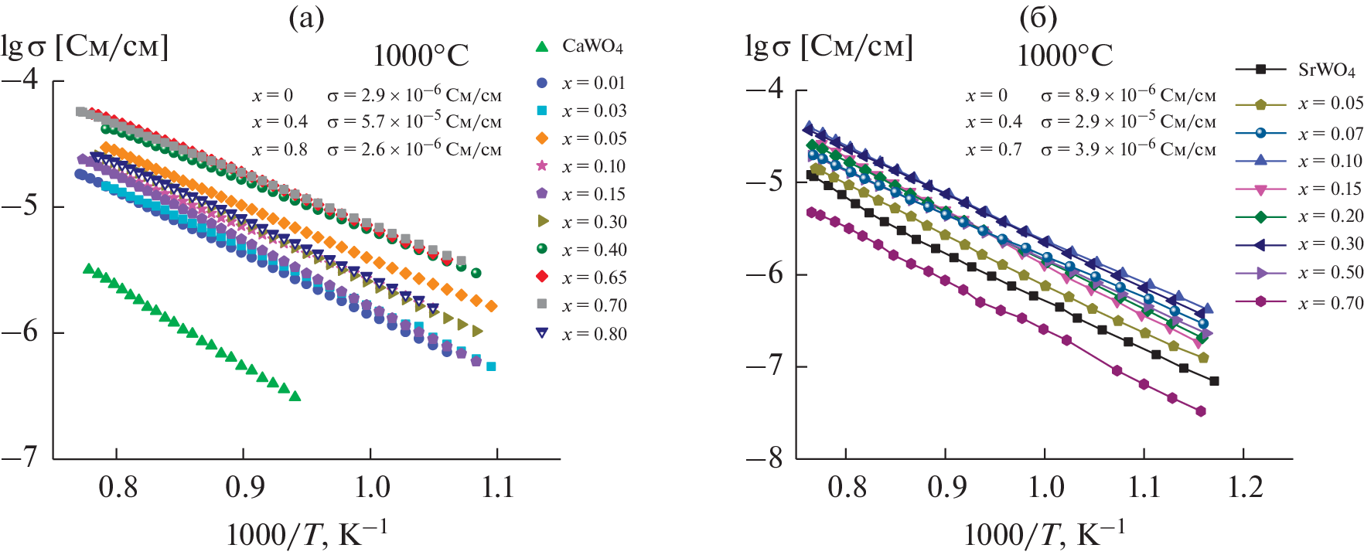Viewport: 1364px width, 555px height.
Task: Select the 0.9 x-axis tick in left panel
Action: coord(244,488)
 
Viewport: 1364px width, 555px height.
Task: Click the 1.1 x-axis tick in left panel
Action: coord(496,488)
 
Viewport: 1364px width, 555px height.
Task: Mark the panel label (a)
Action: coord(306,17)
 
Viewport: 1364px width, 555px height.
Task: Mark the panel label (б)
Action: coord(1038,17)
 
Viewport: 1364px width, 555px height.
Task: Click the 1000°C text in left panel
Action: coord(421,56)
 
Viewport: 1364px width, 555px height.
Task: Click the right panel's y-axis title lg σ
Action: coord(828,46)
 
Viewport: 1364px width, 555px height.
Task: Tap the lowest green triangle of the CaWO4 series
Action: coord(295,397)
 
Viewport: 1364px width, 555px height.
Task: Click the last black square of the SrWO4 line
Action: coord(1214,381)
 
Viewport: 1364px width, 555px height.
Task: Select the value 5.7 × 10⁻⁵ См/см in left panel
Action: coord(414,121)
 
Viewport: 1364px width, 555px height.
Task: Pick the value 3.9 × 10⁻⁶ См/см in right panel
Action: coord(1128,149)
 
